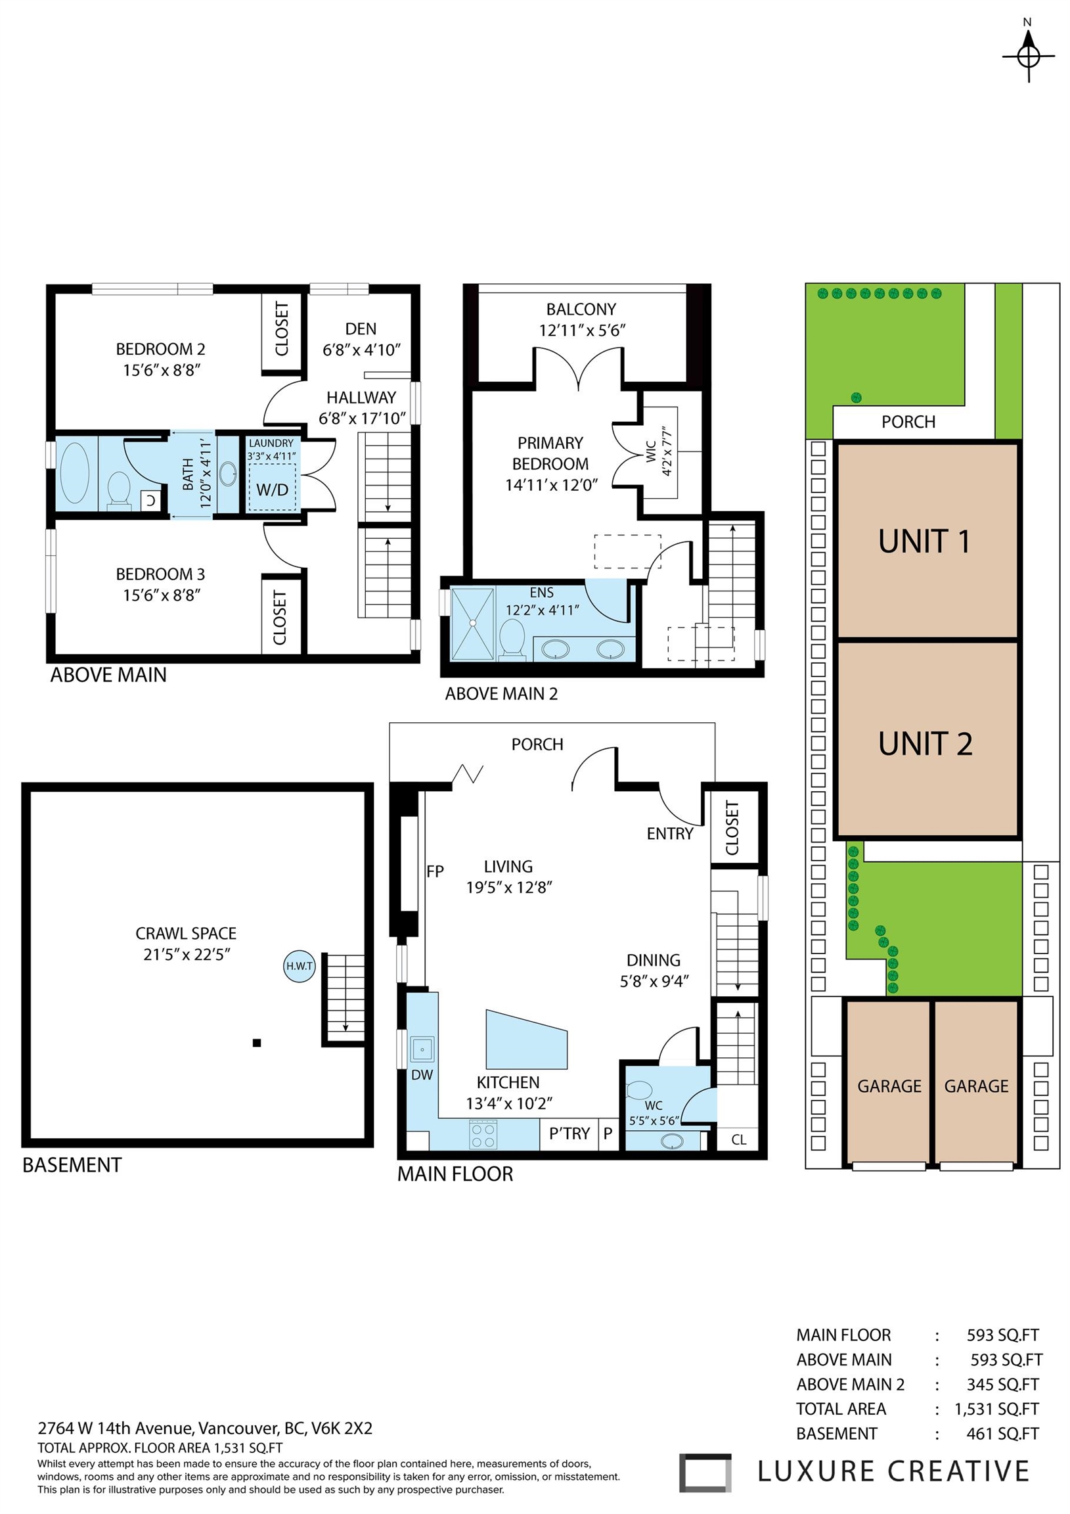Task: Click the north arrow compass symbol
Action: (x=1028, y=57)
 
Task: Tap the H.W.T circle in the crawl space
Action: (x=300, y=967)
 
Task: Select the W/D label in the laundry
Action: (x=273, y=490)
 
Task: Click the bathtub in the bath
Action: (x=74, y=472)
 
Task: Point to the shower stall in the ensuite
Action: (x=472, y=623)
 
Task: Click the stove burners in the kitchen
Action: (x=483, y=1134)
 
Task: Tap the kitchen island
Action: (x=525, y=1040)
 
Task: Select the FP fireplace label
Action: (x=435, y=872)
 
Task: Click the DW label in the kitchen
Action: (x=422, y=1074)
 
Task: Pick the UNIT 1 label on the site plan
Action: (x=924, y=541)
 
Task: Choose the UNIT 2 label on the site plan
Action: (x=925, y=744)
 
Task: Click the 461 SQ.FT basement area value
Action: (x=1002, y=1434)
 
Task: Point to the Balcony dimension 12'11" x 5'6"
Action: (x=581, y=331)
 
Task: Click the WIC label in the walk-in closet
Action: (x=651, y=451)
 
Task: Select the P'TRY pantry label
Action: (x=569, y=1134)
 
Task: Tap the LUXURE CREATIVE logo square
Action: (x=705, y=1473)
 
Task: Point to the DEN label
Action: (x=361, y=329)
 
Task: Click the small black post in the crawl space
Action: (x=257, y=1043)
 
